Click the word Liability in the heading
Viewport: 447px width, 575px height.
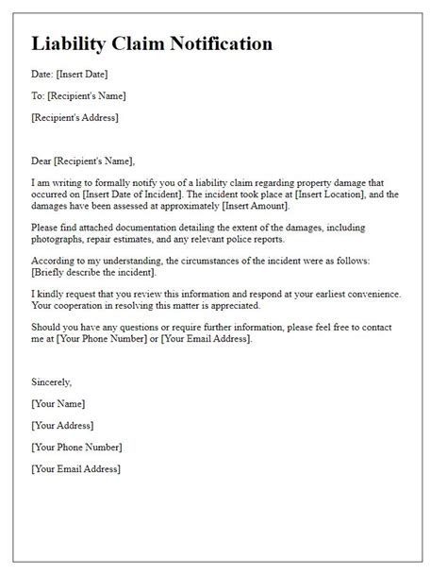[x=72, y=44]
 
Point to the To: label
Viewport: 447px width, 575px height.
[x=38, y=95]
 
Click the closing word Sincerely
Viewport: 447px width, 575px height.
[x=51, y=382]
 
